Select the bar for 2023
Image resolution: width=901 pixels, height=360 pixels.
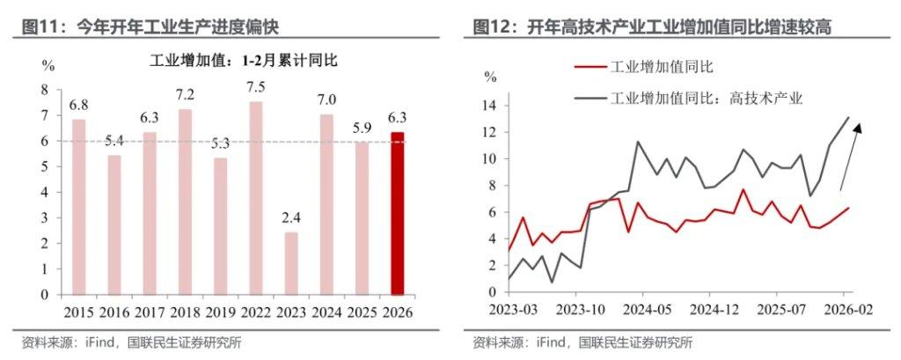coord(291,263)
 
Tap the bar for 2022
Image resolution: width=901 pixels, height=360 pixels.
coord(256,198)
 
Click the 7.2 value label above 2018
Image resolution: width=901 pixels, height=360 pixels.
coord(185,94)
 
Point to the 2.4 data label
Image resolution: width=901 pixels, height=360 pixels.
coord(291,218)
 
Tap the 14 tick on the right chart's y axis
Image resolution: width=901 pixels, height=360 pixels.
coord(490,106)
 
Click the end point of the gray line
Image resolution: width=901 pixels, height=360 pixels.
coord(848,117)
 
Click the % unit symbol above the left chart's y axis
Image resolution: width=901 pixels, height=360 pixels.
coord(49,66)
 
